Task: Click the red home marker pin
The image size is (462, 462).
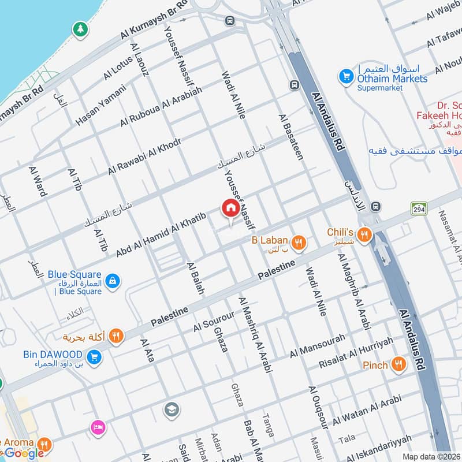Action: [230, 208]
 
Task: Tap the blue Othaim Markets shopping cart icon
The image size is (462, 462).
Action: [346, 76]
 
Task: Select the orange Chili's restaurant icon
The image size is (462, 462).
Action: [364, 234]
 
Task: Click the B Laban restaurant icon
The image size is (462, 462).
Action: [299, 243]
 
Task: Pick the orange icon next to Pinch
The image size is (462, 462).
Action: [398, 364]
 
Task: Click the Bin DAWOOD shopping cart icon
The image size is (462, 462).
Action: [94, 357]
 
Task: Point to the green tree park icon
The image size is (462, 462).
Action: [79, 28]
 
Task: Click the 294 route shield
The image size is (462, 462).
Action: [419, 208]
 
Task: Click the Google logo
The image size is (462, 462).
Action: [24, 453]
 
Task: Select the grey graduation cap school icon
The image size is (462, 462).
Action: [171, 410]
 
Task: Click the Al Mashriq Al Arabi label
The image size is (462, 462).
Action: [255, 334]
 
